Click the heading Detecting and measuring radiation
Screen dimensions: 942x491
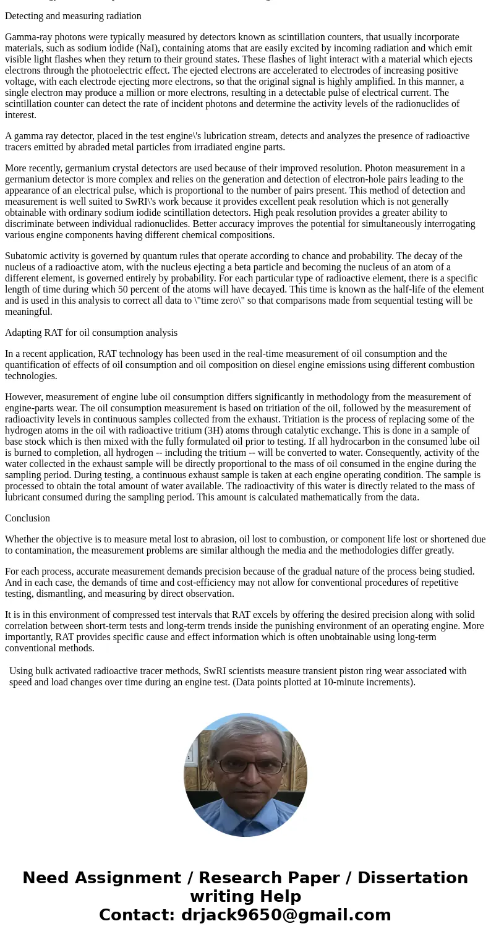[x=73, y=16]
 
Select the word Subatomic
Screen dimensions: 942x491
[x=27, y=256]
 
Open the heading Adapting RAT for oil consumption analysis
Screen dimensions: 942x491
[x=91, y=333]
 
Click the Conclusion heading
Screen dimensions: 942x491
[x=27, y=518]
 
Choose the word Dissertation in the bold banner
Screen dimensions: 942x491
[x=412, y=878]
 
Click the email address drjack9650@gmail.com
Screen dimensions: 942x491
[x=286, y=915]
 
